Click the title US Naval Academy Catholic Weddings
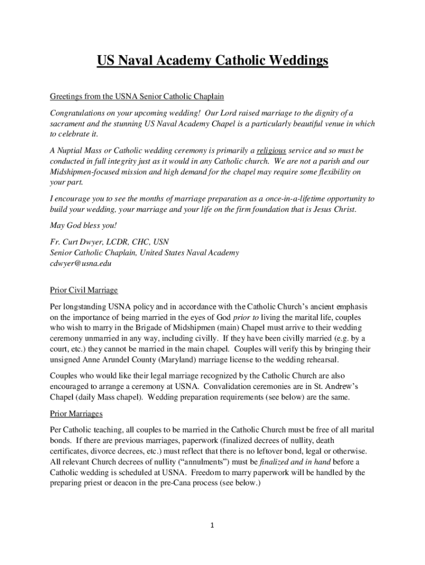(212, 60)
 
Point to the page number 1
(212, 525)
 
